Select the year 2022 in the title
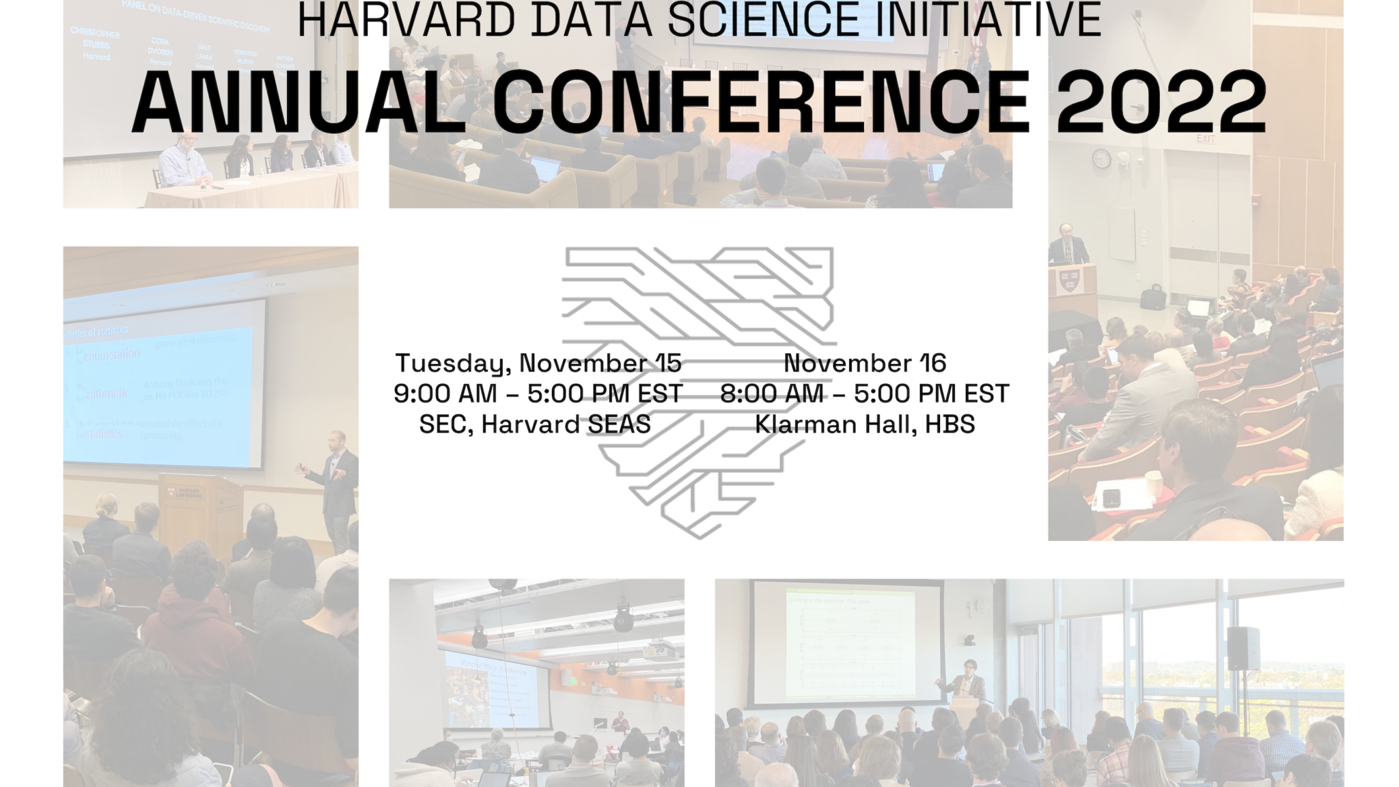[1161, 102]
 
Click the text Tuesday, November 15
[538, 363]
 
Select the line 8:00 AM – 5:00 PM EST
[864, 394]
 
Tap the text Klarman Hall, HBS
[864, 425]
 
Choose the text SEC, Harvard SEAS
[535, 425]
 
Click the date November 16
[864, 363]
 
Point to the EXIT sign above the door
[1206, 139]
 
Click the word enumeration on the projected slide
[112, 354]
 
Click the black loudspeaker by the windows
[1243, 648]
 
